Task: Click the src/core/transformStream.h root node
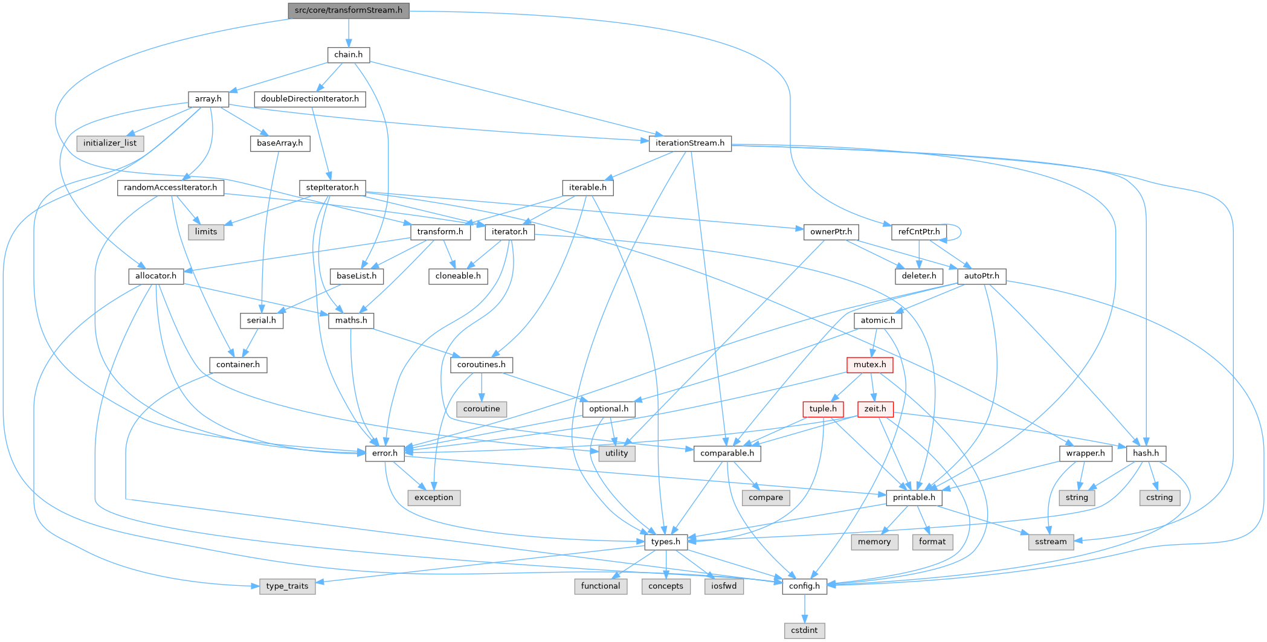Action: [349, 10]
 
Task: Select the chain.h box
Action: [349, 54]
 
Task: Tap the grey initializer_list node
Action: [110, 143]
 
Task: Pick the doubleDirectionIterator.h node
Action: [309, 99]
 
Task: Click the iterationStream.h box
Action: [690, 143]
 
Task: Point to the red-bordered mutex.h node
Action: [869, 365]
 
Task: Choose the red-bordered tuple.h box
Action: [823, 409]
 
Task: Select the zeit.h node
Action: [875, 409]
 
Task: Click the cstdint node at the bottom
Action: [804, 631]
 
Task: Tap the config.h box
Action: [804, 586]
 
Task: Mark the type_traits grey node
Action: [287, 586]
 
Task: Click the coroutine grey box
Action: [482, 409]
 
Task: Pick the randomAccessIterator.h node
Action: [170, 188]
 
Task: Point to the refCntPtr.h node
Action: [918, 232]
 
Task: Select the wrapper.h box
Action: [1085, 453]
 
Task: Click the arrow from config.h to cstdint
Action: [804, 608]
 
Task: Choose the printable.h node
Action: [914, 498]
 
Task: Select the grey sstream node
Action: [1051, 542]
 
